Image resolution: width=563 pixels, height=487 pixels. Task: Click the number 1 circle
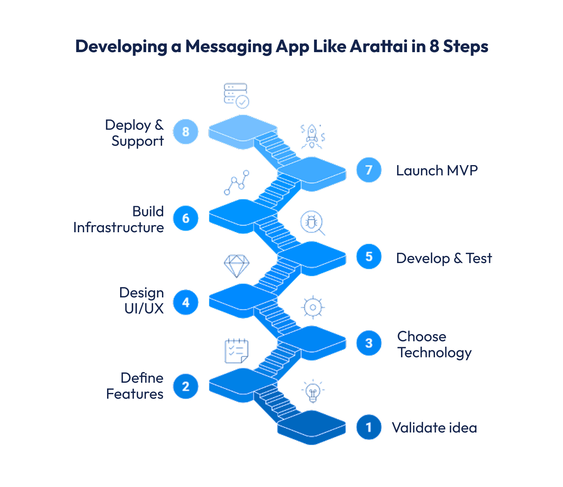pos(369,427)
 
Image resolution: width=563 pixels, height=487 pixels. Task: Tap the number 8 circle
pos(186,132)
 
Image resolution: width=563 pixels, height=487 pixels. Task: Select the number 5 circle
pos(369,256)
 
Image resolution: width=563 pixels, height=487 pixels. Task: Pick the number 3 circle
pos(369,343)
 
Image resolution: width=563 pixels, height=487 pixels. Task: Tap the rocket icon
pos(312,136)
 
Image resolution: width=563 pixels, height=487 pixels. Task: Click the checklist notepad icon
pos(236,351)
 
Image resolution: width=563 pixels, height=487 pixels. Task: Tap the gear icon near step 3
pos(313,307)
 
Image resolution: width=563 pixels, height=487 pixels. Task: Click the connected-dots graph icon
pos(237,182)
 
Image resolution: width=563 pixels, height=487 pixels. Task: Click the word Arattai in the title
pos(378,46)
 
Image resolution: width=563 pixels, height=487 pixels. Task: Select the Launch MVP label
pos(437,171)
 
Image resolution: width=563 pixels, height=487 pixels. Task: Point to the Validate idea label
pos(434,428)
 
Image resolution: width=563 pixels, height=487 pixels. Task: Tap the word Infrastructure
pos(119,228)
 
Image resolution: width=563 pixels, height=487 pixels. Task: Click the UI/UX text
pos(144,308)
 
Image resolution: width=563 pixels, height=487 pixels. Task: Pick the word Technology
pos(434,353)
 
